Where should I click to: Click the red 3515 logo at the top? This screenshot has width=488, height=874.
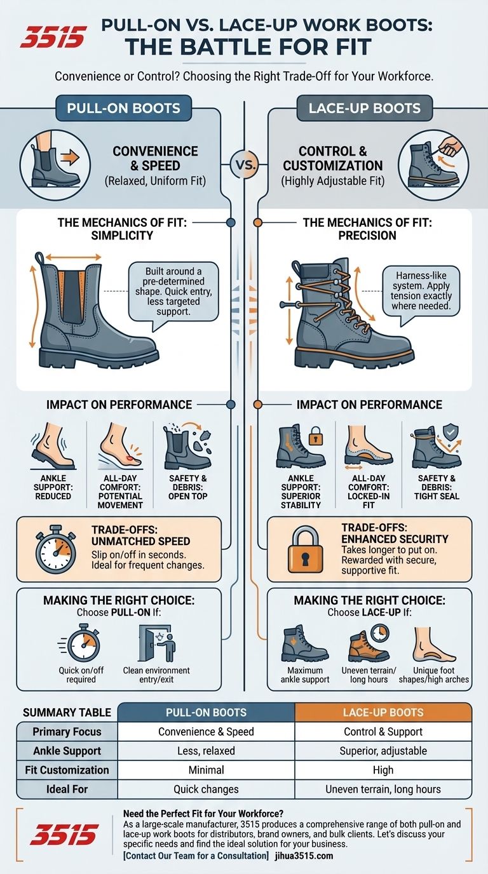[53, 37]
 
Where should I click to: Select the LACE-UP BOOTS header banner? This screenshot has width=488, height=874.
[364, 107]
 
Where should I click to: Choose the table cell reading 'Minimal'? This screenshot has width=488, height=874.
[207, 770]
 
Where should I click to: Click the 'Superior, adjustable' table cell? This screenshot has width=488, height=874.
[383, 751]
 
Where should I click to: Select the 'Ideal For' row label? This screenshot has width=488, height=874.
[67, 789]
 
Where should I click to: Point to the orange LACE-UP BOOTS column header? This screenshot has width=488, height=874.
[383, 712]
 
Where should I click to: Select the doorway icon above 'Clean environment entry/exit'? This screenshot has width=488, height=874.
[156, 643]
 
